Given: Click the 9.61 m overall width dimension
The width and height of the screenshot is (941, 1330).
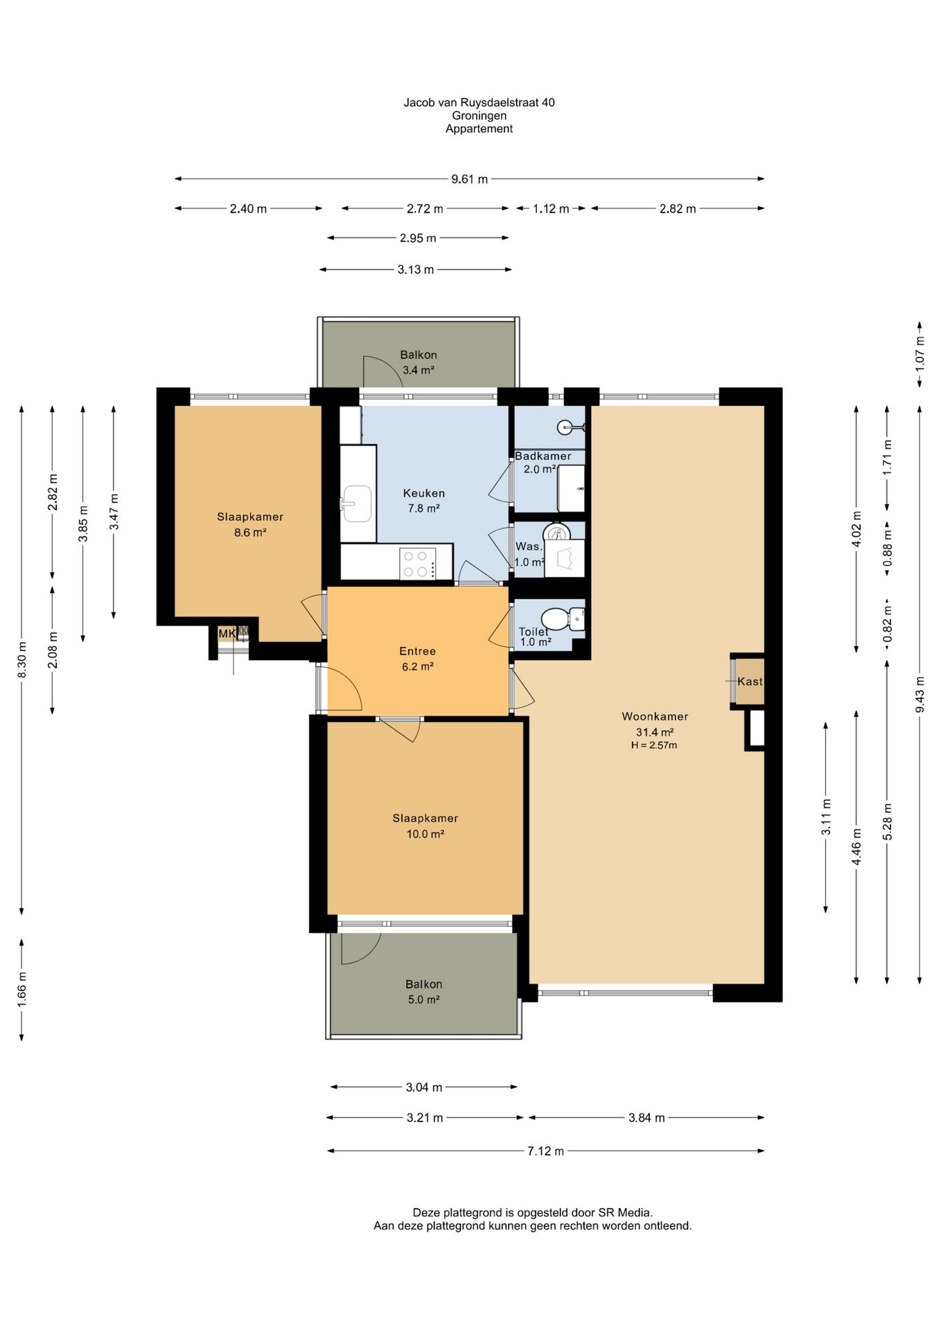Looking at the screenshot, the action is (469, 179).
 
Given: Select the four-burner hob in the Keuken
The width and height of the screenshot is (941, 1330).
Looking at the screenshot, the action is (419, 563).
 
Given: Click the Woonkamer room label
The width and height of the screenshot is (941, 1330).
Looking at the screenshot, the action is (655, 716).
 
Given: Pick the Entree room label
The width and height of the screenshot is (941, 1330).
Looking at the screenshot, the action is (417, 651).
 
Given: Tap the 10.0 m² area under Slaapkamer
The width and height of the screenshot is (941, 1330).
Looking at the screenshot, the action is (425, 834).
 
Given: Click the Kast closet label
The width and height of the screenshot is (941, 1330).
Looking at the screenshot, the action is (750, 681).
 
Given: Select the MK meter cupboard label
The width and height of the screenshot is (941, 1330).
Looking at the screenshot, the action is (227, 633).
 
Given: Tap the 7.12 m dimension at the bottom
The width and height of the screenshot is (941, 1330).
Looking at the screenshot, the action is (546, 1151).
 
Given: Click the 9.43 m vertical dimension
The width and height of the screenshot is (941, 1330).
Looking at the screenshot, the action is (920, 694).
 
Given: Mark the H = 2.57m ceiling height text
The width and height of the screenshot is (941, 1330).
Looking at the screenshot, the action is (653, 745).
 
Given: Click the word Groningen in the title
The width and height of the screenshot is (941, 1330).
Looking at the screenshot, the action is (479, 116).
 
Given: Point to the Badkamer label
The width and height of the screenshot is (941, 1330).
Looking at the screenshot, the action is (543, 456).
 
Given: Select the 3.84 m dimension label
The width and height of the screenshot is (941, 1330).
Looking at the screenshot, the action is (647, 1117).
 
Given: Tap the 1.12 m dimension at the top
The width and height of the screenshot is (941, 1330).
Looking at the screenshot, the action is (551, 209).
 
